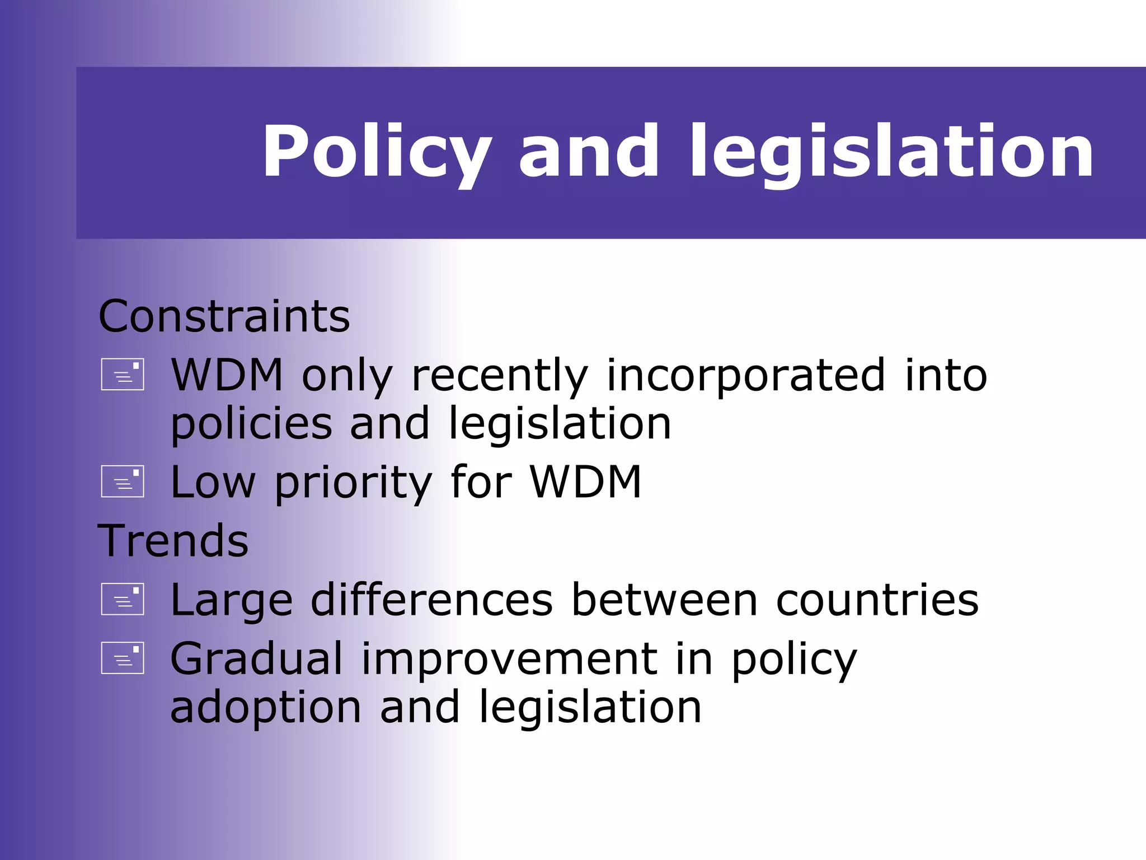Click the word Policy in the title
377,152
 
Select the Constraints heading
224,316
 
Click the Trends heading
173,541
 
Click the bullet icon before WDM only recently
123,374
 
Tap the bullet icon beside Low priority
123,482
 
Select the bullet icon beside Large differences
123,599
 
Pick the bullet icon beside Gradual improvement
123,658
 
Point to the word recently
500,376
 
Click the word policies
251,424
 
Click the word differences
431,600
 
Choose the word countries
877,600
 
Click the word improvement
510,660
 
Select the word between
664,600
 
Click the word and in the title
589,152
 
